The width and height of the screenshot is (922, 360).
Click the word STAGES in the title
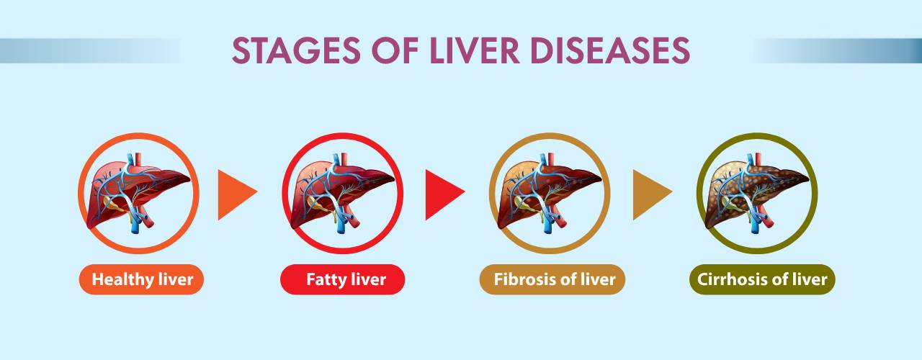[296, 50]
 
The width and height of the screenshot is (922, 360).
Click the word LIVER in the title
[474, 50]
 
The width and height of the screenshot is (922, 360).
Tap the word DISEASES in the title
[610, 50]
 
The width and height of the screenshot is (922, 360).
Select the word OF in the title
[395, 50]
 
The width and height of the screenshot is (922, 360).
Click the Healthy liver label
[141, 279]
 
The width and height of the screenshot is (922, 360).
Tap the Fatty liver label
[342, 279]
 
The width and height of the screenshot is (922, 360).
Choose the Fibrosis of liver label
[552, 279]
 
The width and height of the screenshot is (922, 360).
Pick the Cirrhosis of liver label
[762, 279]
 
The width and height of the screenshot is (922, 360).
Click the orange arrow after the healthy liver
[235, 194]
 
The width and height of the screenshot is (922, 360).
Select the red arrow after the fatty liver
[442, 194]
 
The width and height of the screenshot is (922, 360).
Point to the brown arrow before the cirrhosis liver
[650, 194]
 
